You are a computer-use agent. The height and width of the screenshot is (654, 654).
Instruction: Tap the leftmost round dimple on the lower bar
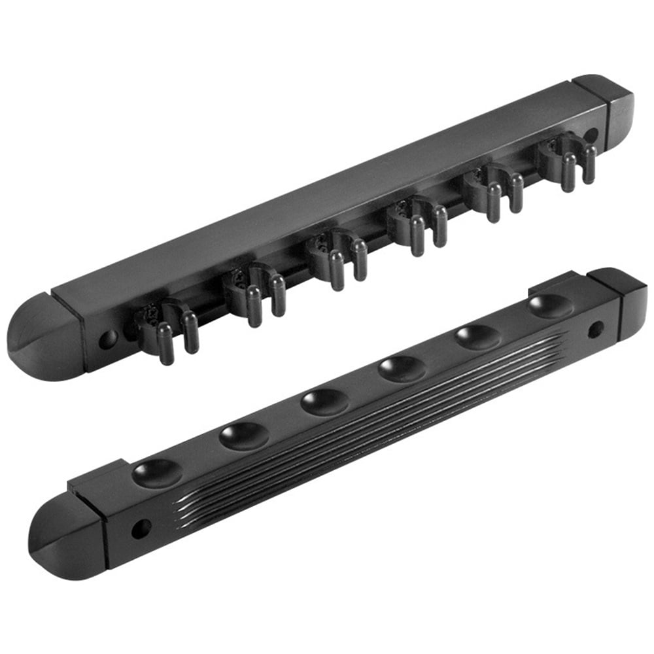[x=157, y=472]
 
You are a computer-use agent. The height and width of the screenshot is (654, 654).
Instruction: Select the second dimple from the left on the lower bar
[x=243, y=436]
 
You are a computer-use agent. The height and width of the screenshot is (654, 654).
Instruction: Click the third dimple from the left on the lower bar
[x=324, y=402]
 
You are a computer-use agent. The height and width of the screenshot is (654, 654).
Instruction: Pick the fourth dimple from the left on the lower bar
[x=402, y=368]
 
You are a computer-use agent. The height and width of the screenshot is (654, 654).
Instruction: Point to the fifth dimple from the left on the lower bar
[x=478, y=336]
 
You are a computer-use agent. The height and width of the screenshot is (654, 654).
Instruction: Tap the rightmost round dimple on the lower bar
[x=550, y=305]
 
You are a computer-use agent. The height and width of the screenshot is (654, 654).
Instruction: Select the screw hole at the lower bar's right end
[x=595, y=329]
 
